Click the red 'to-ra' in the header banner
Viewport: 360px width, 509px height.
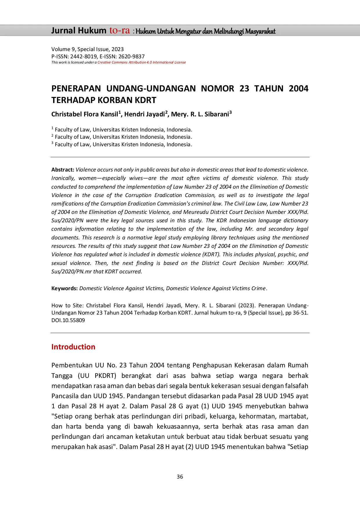[119, 30]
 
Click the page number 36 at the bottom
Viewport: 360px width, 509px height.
[180, 476]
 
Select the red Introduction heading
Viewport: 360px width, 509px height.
[73, 347]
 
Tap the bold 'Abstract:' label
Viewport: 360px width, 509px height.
[63, 169]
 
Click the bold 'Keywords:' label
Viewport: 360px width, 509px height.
[64, 288]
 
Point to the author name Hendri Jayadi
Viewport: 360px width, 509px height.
[144, 114]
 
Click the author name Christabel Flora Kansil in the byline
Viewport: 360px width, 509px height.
[85, 114]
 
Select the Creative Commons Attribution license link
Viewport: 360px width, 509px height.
[141, 62]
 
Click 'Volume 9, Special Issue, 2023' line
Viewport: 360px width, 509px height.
[87, 49]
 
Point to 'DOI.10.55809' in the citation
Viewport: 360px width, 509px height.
[68, 320]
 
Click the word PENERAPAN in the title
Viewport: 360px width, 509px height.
[76, 89]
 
